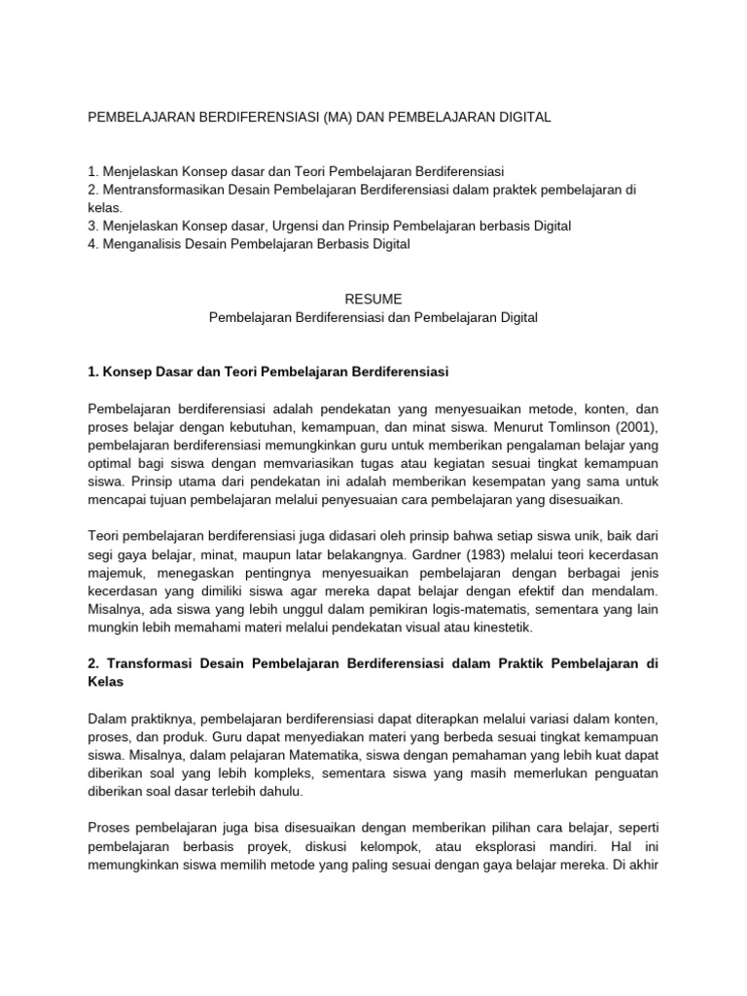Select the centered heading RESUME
pyautogui.click(x=373, y=299)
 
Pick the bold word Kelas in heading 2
pyautogui.click(x=106, y=682)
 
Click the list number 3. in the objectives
pyautogui.click(x=93, y=226)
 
